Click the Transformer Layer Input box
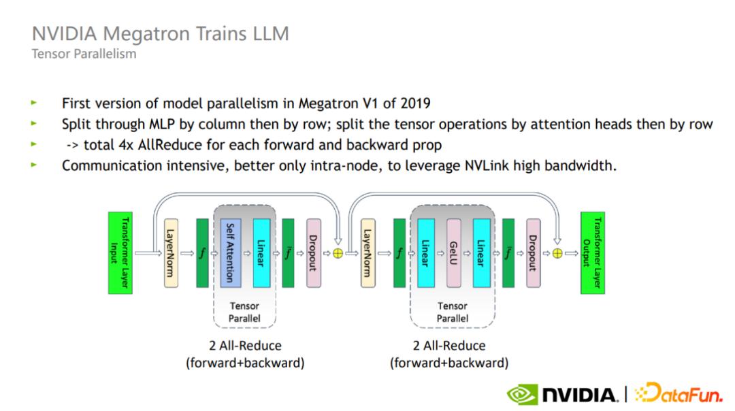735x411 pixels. tap(120, 252)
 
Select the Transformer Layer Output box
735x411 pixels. tap(592, 252)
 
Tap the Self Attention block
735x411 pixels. tap(231, 252)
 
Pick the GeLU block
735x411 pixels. tap(454, 252)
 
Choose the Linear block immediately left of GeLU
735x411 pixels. tap(426, 252)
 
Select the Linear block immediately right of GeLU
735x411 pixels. tap(481, 252)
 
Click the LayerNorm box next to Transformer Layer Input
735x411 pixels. tap(170, 252)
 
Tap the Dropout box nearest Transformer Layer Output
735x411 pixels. tap(533, 252)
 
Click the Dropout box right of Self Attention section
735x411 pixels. tap(313, 252)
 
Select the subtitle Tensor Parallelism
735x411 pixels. tap(84, 54)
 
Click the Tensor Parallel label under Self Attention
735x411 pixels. tap(244, 312)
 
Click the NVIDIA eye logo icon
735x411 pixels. tap(521, 394)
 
